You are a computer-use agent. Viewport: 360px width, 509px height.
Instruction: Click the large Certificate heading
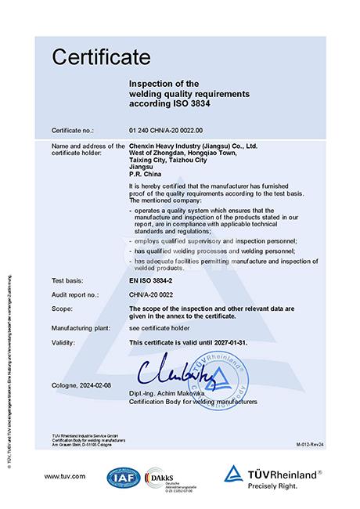tap(99, 56)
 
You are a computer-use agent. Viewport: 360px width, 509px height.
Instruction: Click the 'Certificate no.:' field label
tap(75, 129)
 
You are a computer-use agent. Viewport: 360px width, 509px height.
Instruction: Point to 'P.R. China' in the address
tap(144, 174)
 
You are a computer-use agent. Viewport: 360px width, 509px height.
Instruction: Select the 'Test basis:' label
tap(67, 280)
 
